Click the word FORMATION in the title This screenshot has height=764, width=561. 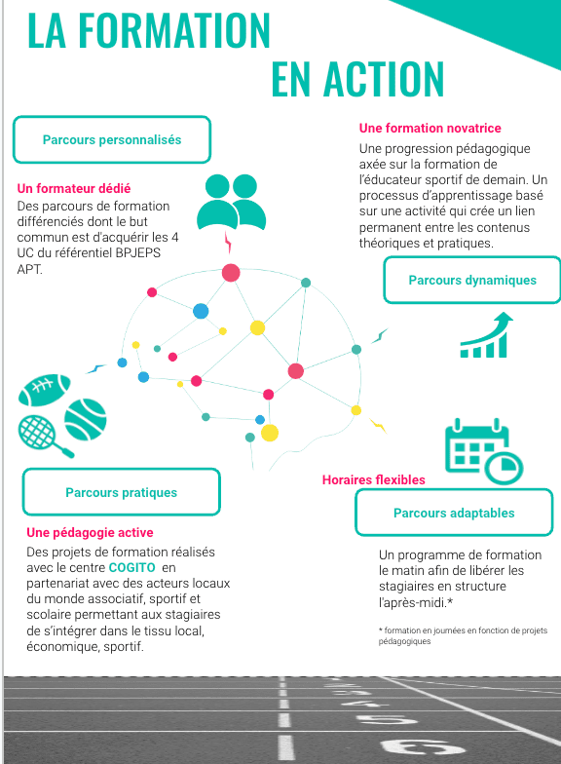click(x=173, y=31)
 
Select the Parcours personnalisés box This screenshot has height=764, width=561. click(x=112, y=140)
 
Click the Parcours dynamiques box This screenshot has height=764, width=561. click(x=472, y=281)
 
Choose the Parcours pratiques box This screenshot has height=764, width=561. click(x=121, y=492)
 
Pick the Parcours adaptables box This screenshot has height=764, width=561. click(x=454, y=513)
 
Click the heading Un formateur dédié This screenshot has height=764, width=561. click(x=74, y=189)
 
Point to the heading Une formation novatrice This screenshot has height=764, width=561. click(x=430, y=129)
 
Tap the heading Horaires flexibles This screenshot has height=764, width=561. click(x=374, y=479)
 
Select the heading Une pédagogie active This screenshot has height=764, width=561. click(x=90, y=532)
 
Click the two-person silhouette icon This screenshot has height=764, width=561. click(x=232, y=203)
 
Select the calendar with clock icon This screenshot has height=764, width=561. click(x=484, y=450)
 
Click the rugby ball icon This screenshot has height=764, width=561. click(x=45, y=390)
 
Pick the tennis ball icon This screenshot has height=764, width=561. click(x=86, y=420)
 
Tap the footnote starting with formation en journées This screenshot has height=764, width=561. click(x=464, y=635)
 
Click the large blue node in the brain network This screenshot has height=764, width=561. click(x=201, y=311)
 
